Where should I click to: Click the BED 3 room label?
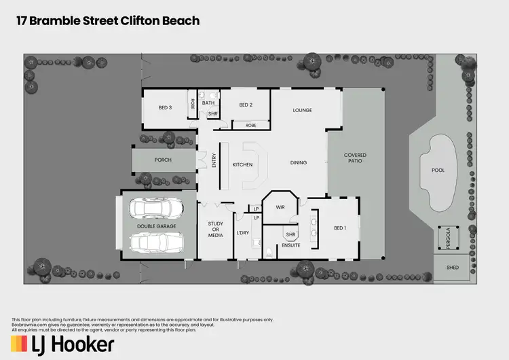(x=166, y=108)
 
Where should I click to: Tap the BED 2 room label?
(x=246, y=105)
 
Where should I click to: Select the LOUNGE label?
(x=302, y=110)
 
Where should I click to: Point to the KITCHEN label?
(x=242, y=164)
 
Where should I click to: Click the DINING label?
(x=299, y=163)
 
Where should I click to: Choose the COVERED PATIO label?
(x=355, y=158)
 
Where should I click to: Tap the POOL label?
(x=438, y=170)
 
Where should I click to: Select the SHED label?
(x=453, y=268)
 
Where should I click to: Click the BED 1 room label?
(x=340, y=228)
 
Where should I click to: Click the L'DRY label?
(x=243, y=233)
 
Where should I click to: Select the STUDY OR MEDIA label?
(x=215, y=230)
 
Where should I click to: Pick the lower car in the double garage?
(x=155, y=242)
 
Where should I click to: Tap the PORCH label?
(x=163, y=160)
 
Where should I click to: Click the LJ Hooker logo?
(x=64, y=344)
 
